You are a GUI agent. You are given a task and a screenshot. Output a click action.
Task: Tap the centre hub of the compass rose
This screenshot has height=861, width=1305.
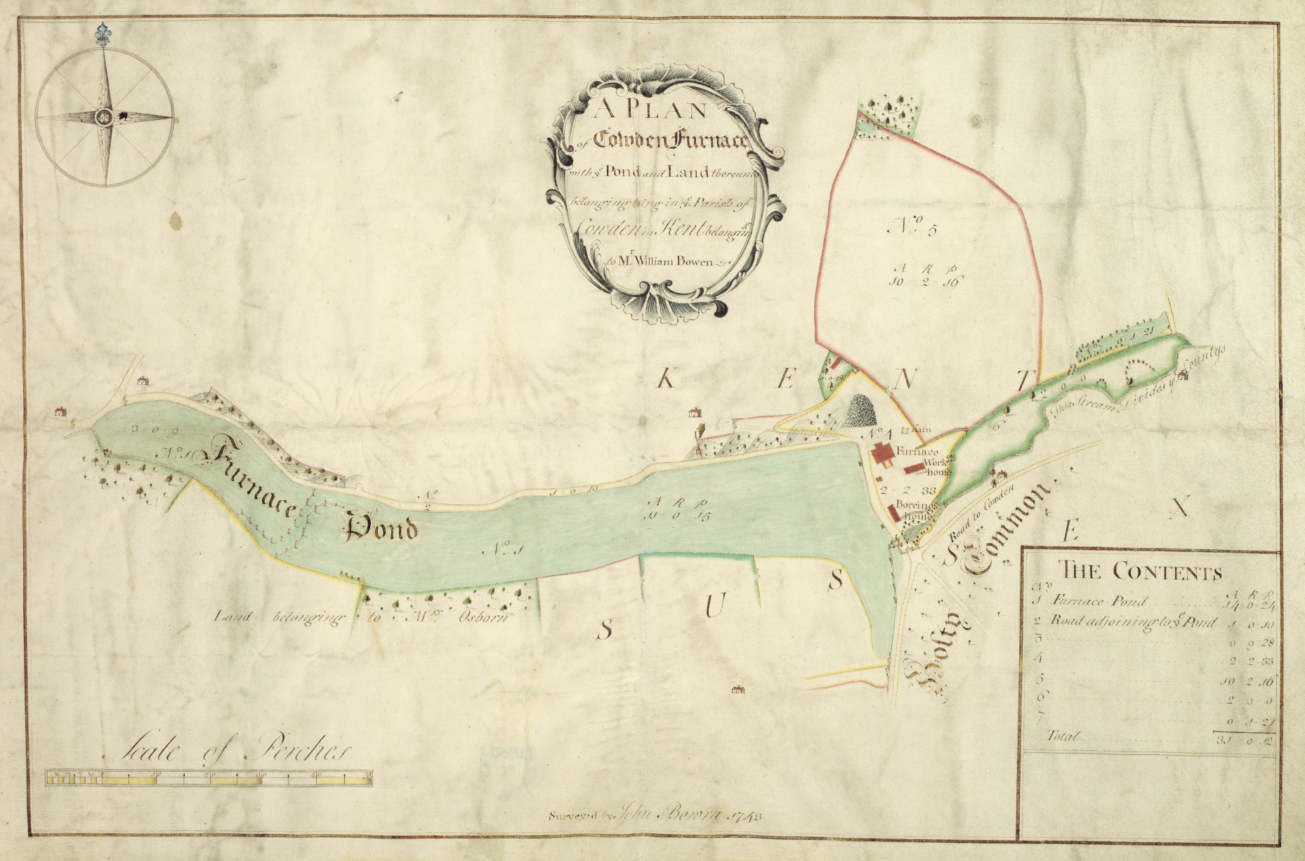coord(105,117)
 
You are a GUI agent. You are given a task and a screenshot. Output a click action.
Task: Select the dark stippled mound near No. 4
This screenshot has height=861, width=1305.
coord(858,412)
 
